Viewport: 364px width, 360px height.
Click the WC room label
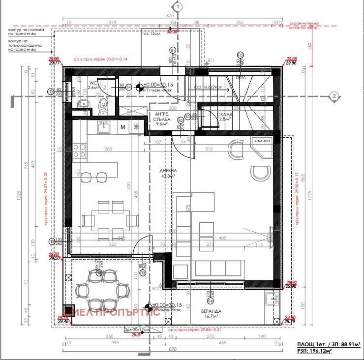92,82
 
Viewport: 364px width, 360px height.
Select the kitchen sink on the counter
103,127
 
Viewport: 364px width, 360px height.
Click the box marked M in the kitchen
123,127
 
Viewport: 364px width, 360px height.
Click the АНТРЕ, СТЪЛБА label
161,118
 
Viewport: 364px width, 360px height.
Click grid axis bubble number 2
334,96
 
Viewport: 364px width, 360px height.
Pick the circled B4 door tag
129,87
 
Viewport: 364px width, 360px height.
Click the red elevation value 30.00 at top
172,32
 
